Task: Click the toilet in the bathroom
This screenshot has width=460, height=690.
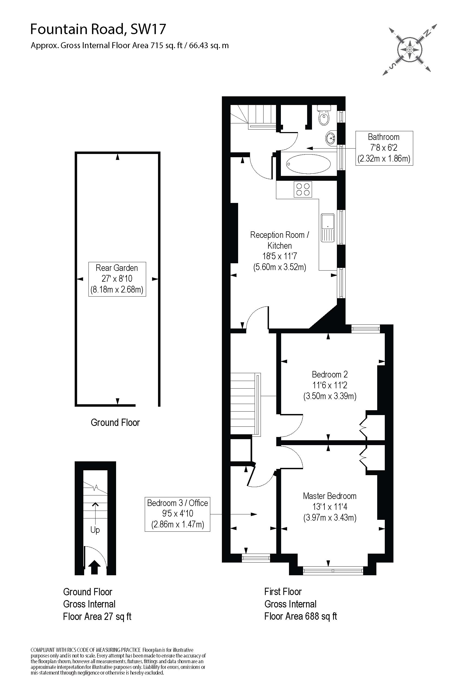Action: [x=324, y=116]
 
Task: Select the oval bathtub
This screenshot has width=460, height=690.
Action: [x=308, y=164]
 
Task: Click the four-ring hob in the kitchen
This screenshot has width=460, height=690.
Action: [x=303, y=189]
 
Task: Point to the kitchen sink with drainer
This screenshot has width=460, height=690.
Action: [x=328, y=228]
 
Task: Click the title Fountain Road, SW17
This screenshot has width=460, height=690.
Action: [x=98, y=29]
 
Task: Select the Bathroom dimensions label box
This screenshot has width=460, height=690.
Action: [x=384, y=148]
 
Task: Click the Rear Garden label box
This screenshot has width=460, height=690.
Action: [x=117, y=279]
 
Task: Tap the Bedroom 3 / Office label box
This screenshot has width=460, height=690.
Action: [x=178, y=514]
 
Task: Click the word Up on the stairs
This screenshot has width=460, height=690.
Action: [x=95, y=530]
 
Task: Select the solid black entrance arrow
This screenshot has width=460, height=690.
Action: [x=94, y=567]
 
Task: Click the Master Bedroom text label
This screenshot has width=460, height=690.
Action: [x=330, y=496]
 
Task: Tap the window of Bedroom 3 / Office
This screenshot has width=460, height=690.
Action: [x=255, y=558]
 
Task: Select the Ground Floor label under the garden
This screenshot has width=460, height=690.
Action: [x=115, y=422]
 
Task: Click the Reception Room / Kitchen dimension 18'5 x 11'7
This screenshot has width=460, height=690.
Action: [x=279, y=256]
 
